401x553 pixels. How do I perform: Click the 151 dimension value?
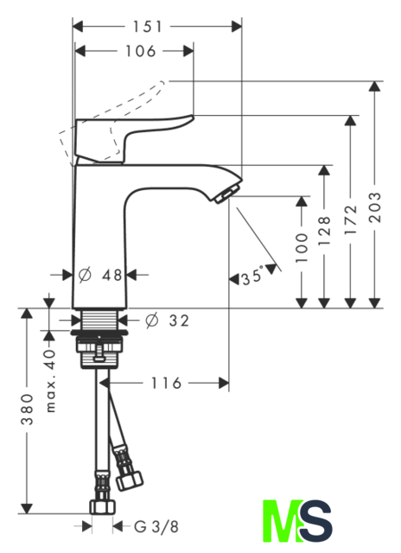tap(147, 27)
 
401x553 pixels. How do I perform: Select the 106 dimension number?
tap(141, 51)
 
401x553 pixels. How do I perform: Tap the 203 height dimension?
tap(375, 207)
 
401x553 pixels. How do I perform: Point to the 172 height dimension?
tap(351, 219)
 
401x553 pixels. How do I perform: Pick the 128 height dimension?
tap(324, 231)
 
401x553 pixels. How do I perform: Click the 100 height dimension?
tap(302, 247)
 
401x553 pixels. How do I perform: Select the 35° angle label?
tap(252, 276)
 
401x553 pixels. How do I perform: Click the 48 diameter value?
tap(112, 275)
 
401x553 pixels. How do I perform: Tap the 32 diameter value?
tap(179, 321)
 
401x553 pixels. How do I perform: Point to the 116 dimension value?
tap(166, 383)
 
